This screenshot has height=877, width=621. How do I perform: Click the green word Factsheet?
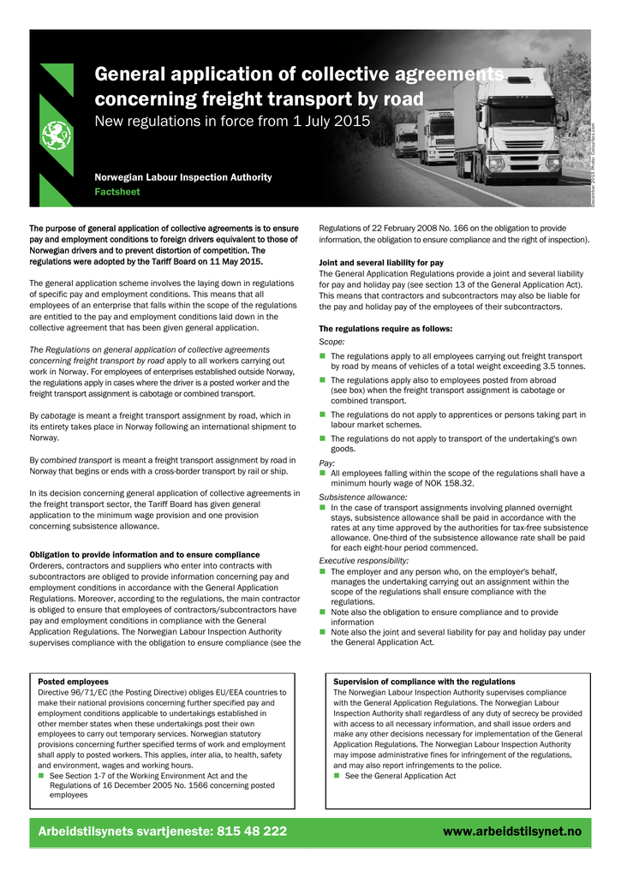tap(117, 192)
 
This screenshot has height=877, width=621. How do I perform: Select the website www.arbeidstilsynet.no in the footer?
tap(512, 832)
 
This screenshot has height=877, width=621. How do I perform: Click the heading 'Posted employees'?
tap(74, 682)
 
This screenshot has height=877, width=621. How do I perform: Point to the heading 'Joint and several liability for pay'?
tap(381, 262)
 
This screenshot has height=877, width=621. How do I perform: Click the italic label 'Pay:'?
tap(327, 462)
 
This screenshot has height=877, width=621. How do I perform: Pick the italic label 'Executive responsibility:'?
tap(364, 560)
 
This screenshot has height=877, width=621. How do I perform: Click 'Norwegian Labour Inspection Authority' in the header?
tap(183, 177)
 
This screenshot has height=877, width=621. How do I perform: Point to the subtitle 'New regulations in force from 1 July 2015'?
tap(232, 121)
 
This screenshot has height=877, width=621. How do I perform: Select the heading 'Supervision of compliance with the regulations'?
tap(424, 682)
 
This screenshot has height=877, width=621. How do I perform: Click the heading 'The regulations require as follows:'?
tap(385, 329)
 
